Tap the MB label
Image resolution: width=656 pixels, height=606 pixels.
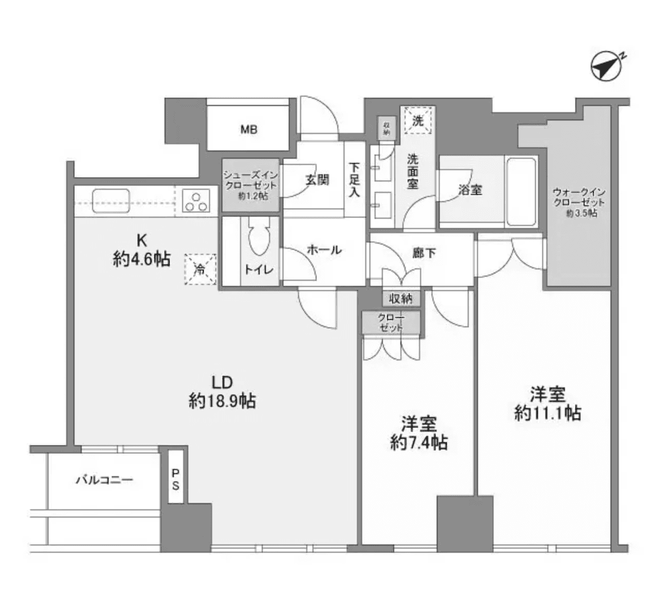(249, 130)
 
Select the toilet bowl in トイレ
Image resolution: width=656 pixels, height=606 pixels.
(259, 238)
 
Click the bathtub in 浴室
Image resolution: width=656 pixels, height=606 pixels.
(521, 191)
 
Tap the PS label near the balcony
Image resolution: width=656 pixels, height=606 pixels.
(176, 479)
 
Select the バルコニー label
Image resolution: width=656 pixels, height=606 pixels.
(105, 480)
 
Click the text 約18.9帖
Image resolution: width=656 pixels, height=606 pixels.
(222, 401)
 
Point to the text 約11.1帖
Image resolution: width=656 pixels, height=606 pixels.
(547, 413)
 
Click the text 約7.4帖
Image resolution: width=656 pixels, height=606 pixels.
(419, 443)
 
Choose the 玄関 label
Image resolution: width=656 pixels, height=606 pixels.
(317, 180)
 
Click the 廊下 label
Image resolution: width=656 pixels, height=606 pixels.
(424, 252)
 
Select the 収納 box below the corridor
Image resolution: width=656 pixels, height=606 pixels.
(401, 299)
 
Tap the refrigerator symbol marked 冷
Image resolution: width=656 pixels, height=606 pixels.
(200, 269)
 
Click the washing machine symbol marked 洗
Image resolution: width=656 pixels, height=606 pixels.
(418, 120)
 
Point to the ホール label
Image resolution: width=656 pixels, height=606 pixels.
(324, 250)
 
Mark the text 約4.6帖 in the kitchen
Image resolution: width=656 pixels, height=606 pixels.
(141, 258)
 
